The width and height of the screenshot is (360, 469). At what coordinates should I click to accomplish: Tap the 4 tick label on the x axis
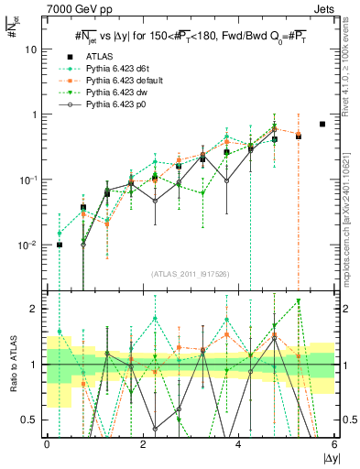(x=238, y=444)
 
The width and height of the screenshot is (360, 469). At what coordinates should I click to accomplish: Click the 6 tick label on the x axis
(x=333, y=444)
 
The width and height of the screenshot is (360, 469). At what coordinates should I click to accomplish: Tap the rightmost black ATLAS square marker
(x=322, y=124)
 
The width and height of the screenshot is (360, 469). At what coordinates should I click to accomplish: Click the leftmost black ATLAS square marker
(x=60, y=245)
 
